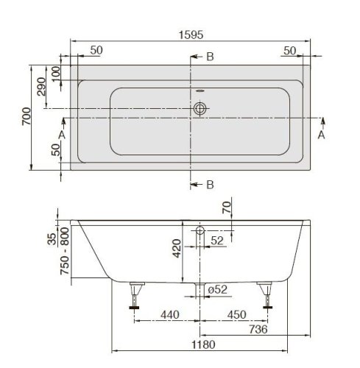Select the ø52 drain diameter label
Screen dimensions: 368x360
pos(217,290)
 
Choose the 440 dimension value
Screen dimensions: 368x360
pos(169,314)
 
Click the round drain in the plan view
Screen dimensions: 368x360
pos(200,108)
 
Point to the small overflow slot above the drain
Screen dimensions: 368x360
pos(200,92)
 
